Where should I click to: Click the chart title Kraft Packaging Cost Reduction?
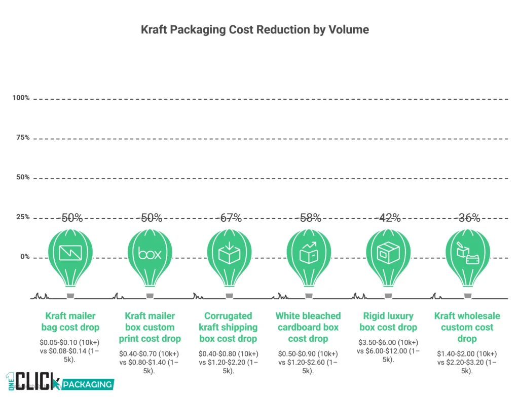255,29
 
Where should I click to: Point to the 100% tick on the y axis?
21,97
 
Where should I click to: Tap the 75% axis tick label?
23,137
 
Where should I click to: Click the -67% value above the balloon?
229,218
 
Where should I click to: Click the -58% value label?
309,218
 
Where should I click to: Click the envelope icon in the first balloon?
70,252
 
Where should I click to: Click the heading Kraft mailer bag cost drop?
70,321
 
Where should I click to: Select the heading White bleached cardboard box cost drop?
308,327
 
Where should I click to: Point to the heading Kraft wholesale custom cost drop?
467,327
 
